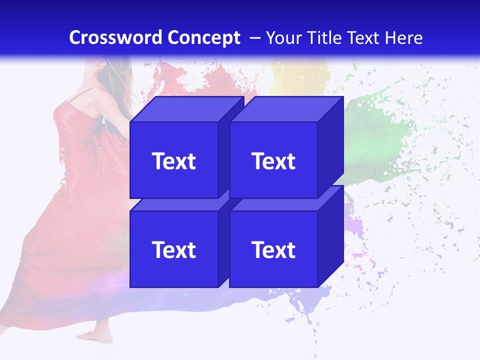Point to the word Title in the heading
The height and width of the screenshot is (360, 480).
(x=323, y=38)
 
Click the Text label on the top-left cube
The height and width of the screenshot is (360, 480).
(x=173, y=161)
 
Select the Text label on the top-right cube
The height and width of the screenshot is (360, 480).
(x=273, y=161)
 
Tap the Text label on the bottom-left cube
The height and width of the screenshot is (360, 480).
(x=173, y=249)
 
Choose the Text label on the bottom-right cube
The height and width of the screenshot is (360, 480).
(x=273, y=249)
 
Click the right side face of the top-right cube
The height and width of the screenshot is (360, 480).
(x=330, y=147)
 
